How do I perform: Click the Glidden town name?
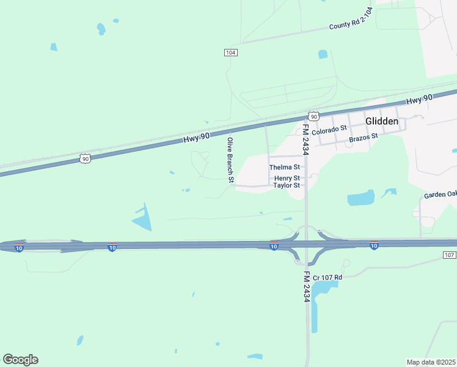382,121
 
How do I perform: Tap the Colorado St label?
329,130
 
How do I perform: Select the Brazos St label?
364,138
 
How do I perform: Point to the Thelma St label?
284,167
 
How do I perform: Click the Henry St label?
286,178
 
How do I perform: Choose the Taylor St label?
286,185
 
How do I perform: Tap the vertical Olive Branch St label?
230,160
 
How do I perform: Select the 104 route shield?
230,53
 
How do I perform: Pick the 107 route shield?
449,254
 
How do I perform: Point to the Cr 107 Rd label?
327,278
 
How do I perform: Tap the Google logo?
20,360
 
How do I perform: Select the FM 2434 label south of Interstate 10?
307,286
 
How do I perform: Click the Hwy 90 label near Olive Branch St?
196,138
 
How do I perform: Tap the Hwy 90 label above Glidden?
419,99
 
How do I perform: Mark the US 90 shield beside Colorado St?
313,116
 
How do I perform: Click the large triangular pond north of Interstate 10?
142,217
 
